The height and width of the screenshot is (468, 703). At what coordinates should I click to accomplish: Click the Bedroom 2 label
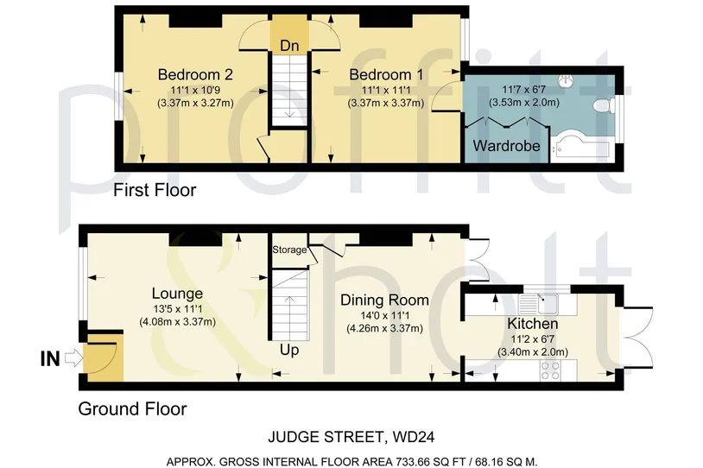tap(195, 74)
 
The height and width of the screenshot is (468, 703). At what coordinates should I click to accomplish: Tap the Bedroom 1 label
tap(386, 74)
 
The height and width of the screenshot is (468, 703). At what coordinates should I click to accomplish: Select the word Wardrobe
tap(506, 146)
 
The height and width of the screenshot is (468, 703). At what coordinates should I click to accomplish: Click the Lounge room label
tap(177, 294)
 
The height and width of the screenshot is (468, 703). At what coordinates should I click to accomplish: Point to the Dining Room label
tap(384, 300)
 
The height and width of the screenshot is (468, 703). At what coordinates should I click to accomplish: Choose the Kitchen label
tap(533, 323)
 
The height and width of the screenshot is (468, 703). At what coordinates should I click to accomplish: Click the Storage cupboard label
tap(289, 250)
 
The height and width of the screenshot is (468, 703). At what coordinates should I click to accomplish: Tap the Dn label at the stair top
tap(289, 45)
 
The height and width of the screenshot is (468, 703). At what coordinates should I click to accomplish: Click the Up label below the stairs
tap(289, 350)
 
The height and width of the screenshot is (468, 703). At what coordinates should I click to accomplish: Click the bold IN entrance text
tap(50, 358)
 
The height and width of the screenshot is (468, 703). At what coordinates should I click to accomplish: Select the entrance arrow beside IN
tap(74, 358)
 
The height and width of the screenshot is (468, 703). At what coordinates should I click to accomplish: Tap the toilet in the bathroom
tap(603, 106)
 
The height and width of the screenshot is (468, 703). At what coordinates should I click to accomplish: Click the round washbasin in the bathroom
tap(566, 80)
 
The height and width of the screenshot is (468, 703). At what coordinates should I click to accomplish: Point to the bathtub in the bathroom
tap(579, 145)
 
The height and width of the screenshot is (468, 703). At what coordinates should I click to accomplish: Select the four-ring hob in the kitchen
tap(550, 370)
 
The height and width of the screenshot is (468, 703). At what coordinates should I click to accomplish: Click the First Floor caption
tap(155, 190)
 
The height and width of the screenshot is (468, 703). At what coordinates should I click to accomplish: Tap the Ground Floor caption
tap(132, 408)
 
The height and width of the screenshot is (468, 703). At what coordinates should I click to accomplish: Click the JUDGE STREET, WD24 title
tap(351, 437)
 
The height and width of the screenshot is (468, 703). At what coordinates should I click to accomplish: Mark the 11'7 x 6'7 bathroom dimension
tap(523, 89)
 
